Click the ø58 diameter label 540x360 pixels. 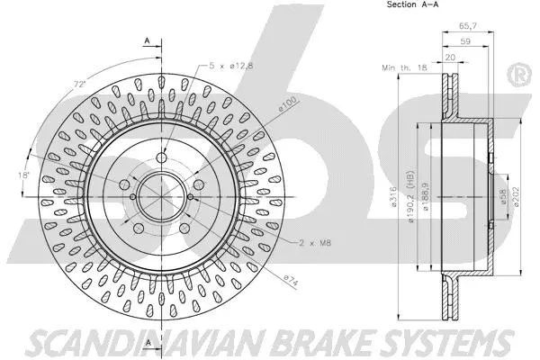click(x=499, y=195)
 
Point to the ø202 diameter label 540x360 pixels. click(x=517, y=195)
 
